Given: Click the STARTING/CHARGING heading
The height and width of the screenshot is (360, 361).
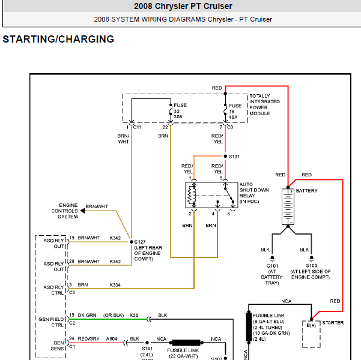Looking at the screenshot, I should (58, 40).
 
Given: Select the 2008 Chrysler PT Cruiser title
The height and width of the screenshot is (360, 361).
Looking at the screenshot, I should (183, 7).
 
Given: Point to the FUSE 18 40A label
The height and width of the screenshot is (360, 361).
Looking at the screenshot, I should (235, 111).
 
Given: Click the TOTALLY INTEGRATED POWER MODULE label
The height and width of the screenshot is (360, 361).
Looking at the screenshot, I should (264, 104).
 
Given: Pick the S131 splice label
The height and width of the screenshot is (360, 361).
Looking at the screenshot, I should (234, 156).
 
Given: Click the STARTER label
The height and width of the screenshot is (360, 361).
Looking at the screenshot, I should (333, 323).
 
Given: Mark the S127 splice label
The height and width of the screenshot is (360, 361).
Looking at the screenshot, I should (140, 240).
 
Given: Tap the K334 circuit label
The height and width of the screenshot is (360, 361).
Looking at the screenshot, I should (115, 284).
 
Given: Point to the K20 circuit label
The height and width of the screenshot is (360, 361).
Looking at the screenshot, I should (134, 315).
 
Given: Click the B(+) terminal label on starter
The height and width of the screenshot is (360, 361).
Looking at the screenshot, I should (311, 326).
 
